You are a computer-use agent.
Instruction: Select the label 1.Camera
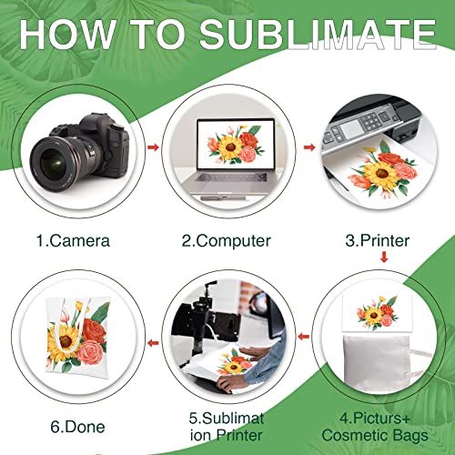pos(74,241)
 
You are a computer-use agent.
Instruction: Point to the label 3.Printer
pos(376,241)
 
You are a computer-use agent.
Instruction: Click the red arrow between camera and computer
pos(153,145)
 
